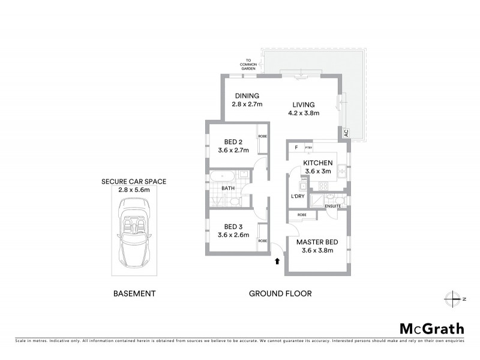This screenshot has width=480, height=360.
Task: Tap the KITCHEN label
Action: coord(317,163)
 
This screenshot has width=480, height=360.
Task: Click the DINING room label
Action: coord(247,96)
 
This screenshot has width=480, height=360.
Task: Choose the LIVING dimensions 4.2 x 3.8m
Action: coord(301,113)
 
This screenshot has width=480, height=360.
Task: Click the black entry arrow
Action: coord(277,261)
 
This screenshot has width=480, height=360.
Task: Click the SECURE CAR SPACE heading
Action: coord(133,181)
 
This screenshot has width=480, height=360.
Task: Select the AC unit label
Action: coord(346,134)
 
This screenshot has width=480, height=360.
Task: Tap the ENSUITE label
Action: coord(333,207)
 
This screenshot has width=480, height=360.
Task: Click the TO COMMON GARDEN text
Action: coord(248,64)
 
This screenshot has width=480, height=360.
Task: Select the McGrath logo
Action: coord(432,328)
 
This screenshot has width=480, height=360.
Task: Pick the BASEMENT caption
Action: coord(134,294)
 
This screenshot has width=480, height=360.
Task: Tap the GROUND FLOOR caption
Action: coord(281,294)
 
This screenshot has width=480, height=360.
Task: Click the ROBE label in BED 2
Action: coord(262,136)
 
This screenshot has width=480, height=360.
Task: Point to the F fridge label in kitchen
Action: coord(296,147)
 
